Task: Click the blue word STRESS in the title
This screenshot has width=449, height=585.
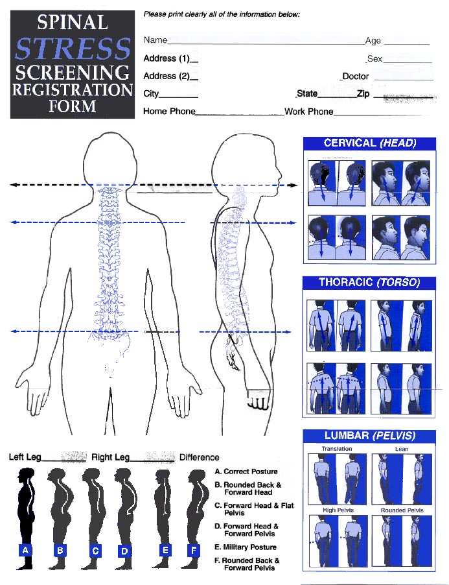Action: tap(73, 49)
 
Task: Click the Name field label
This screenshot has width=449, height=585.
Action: tap(155, 40)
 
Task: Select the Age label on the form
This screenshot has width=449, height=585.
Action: tap(373, 40)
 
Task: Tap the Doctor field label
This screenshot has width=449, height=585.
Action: tap(356, 76)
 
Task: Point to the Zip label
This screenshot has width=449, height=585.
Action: tap(363, 94)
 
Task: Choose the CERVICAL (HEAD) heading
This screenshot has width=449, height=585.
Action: tap(369, 143)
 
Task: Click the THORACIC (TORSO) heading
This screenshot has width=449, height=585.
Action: tap(369, 283)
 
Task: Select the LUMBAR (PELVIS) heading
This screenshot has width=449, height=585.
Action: tap(369, 435)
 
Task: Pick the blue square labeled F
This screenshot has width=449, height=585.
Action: tap(192, 551)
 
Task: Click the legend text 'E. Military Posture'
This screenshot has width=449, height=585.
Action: tap(246, 547)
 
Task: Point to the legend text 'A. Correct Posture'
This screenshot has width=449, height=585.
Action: tap(246, 472)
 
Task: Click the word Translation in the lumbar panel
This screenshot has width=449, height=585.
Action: tap(337, 449)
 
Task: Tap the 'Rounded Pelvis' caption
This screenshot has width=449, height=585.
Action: tap(402, 510)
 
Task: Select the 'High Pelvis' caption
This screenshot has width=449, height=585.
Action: tap(338, 510)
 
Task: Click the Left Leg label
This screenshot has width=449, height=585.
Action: tap(25, 457)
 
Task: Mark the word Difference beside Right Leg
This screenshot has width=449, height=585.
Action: tap(199, 457)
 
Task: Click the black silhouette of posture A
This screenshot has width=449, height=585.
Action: tap(25, 512)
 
